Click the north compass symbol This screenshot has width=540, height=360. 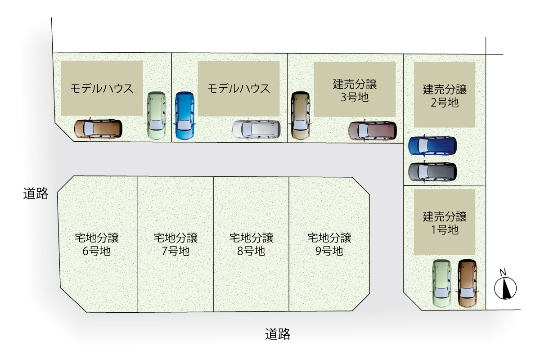tap(505, 287)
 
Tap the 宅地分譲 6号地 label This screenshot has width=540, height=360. tap(97, 244)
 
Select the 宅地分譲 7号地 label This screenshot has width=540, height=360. tap(175, 244)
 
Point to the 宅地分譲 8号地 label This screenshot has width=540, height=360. tap(251, 244)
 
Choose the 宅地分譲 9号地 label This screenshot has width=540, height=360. tap(329, 244)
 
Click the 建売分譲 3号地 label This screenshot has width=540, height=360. tap(355, 90)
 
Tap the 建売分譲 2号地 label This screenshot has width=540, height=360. tap(445, 95)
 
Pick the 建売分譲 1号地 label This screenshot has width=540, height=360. tap(445, 223)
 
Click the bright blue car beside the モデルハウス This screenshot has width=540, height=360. tap(184, 116)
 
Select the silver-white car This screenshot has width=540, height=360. tap(256, 129)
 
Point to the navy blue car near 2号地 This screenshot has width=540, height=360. tap(432, 145)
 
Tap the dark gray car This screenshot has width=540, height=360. tap(432, 171)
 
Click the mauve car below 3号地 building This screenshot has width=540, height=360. tap(373, 130)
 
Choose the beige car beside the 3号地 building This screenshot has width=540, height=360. tap(300, 115)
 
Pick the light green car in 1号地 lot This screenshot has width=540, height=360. tap(441, 284)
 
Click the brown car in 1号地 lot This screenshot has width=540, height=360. tap(467, 283)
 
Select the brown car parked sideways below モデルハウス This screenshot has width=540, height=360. tap(98, 129)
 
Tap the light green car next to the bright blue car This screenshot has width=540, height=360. tap(157, 115)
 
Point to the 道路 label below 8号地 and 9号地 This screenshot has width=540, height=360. tap(278, 334)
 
